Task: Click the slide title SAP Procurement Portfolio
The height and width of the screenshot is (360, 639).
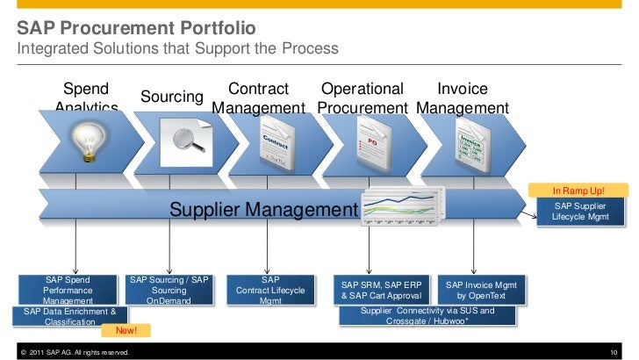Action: coord(136,29)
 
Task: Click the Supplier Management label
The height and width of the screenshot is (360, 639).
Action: coord(263,210)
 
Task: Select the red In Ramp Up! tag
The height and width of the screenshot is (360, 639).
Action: coord(578,191)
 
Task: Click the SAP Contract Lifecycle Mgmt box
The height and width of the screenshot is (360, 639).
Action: coord(270,290)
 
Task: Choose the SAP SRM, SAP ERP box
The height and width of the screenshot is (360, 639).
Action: coord(381,291)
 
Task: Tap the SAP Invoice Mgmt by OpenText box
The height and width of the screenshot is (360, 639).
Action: coord(481,291)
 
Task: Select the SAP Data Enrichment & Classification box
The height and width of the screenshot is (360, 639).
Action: coord(69,316)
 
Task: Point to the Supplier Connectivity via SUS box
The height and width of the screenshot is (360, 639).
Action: coord(427,316)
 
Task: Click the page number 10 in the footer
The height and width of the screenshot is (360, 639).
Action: coord(614,352)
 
